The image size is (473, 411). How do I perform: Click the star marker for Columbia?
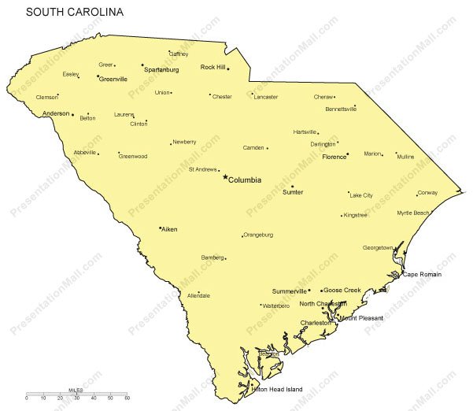tap(225, 177)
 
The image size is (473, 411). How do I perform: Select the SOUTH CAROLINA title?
tap(74, 13)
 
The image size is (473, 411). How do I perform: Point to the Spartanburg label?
tap(161, 70)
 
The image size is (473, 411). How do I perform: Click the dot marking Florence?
tap(348, 154)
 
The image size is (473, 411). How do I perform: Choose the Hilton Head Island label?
tap(276, 389)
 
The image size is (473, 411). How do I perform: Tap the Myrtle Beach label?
tap(413, 213)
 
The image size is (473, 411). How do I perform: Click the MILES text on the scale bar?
tap(76, 390)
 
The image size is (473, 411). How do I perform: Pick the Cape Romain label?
tap(423, 274)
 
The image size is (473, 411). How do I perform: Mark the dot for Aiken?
tap(160, 228)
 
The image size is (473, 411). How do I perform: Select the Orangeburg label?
tap(258, 235)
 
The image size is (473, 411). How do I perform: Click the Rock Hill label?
tap(212, 67)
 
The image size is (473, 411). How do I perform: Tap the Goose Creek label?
tap(343, 290)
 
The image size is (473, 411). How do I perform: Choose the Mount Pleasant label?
tap(360, 318)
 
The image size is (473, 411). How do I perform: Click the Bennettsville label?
tap(341, 109)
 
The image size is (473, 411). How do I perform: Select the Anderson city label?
tap(56, 113)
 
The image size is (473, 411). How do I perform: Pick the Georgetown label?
tap(378, 247)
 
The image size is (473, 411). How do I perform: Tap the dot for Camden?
tap(268, 148)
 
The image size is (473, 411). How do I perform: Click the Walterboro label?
tap(276, 305)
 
